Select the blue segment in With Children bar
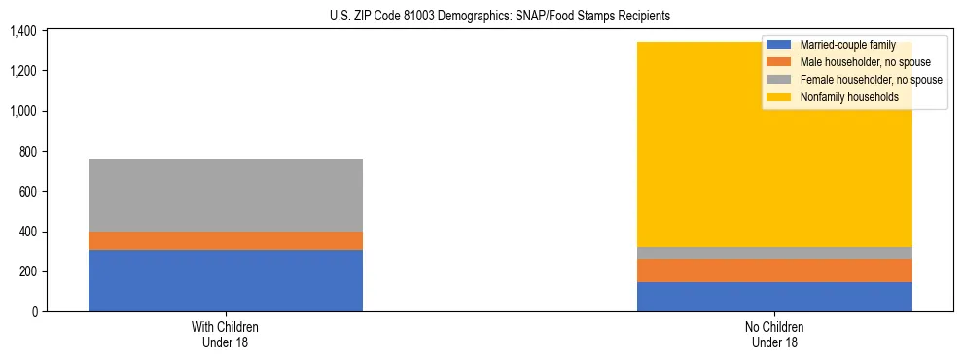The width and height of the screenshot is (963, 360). (x=225, y=280)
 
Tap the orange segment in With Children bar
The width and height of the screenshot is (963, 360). (x=225, y=240)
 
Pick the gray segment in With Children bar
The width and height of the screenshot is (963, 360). (x=225, y=195)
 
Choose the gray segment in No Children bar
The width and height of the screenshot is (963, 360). (x=774, y=253)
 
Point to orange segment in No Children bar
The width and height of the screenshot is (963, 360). (x=774, y=270)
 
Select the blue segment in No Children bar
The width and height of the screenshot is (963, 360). (x=774, y=297)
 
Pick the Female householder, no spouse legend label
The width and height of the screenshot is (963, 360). (x=871, y=80)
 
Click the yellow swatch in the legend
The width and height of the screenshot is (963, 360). (x=779, y=97)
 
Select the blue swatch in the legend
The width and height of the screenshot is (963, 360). (x=779, y=45)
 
